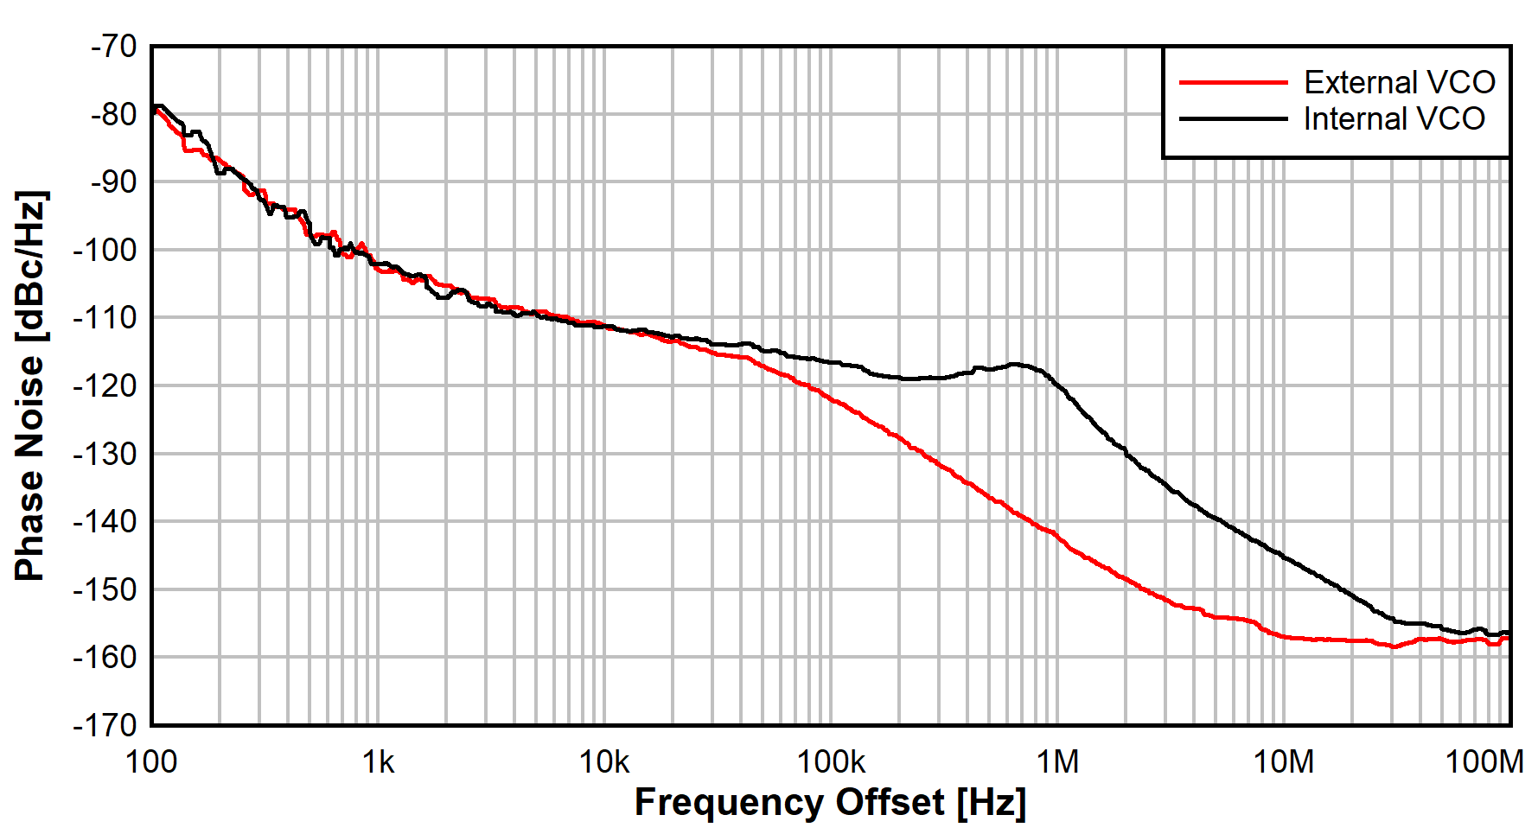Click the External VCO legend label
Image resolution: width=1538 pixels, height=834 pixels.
1399,82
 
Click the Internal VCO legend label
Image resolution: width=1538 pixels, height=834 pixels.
1394,118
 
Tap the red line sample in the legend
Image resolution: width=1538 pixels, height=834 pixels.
1233,82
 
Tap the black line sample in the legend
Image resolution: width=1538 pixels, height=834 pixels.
1233,118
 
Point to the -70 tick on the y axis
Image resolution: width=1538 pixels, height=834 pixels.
113,46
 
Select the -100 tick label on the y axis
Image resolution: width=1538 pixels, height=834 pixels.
105,250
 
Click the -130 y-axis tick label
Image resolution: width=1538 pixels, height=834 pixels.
105,454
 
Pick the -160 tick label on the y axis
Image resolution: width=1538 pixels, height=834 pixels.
105,658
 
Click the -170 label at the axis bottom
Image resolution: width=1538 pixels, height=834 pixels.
105,724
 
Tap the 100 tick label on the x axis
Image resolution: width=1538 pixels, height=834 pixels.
151,762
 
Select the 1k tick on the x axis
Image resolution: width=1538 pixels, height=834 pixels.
378,762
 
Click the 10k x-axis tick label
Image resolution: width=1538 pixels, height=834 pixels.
604,762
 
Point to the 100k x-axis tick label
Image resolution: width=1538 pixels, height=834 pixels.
831,762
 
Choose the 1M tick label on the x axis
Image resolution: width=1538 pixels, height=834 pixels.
1057,762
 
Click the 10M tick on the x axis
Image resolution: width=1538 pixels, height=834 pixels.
1284,762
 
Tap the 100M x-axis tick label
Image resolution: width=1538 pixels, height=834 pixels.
1484,762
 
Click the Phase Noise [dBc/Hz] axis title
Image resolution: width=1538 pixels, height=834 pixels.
30,385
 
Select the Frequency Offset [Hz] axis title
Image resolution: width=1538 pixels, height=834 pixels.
830,802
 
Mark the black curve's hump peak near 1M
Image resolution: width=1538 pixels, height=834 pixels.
1016,364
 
